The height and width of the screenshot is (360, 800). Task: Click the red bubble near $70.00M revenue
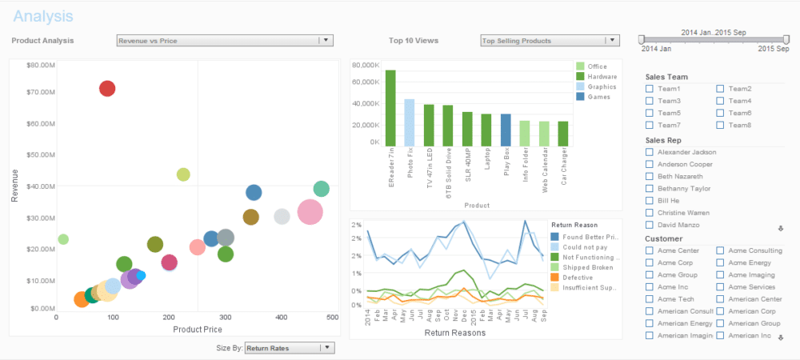click(107, 88)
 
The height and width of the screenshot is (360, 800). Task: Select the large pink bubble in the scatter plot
click(310, 212)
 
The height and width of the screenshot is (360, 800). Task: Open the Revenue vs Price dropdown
click(325, 40)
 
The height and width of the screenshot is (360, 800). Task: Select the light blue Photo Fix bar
click(410, 122)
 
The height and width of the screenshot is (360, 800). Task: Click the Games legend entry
click(596, 97)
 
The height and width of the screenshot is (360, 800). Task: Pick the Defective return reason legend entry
click(577, 277)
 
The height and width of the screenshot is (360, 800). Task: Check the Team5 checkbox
click(650, 113)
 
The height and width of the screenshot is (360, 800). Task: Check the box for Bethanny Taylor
click(650, 189)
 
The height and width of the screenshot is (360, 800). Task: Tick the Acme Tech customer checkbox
click(650, 299)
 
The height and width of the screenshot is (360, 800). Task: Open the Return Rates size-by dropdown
click(326, 348)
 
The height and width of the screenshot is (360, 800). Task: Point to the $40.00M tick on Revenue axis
click(39, 186)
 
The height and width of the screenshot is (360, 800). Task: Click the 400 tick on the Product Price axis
click(282, 318)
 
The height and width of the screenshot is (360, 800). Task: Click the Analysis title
click(43, 16)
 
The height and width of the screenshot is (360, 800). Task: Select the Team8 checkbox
click(720, 125)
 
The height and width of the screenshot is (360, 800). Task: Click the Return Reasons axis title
click(454, 333)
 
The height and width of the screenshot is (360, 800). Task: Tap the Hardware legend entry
click(601, 76)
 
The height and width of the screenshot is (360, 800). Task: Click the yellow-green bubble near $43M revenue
click(183, 174)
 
